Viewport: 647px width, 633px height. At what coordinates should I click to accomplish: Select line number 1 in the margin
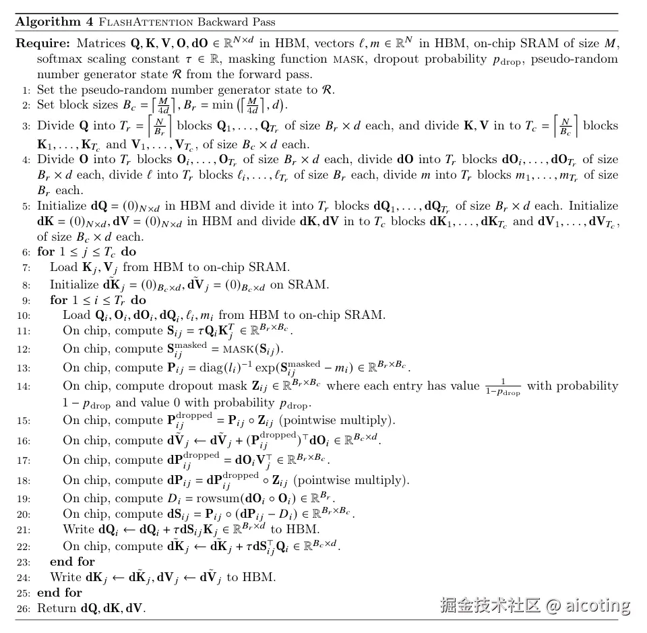pos(26,90)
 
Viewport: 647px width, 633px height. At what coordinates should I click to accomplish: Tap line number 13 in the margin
pos(24,367)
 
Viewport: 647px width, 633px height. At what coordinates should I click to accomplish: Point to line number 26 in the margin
pos(24,608)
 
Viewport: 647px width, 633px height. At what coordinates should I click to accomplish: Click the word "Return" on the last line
pos(57,608)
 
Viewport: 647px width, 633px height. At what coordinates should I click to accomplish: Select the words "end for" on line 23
pos(72,562)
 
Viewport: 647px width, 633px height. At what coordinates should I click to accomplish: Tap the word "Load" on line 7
pos(63,267)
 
